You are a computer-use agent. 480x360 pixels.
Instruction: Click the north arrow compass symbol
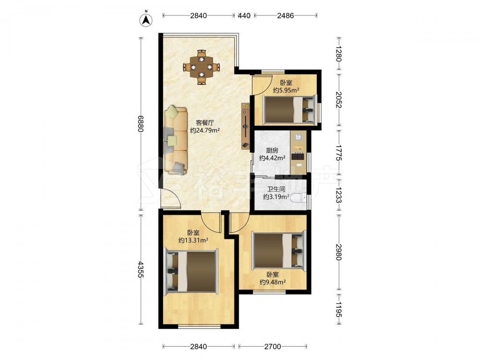(146, 20)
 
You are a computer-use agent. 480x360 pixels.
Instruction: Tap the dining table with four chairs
(202, 67)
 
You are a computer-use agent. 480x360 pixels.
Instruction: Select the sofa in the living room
(176, 140)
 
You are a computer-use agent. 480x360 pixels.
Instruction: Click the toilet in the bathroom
(299, 198)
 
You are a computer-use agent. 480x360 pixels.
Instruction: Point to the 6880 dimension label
(141, 123)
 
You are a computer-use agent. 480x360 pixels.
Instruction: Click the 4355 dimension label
(141, 269)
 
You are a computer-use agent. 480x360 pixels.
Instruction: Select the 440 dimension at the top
(244, 15)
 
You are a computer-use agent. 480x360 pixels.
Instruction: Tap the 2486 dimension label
(285, 15)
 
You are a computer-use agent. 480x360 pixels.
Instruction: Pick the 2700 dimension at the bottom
(273, 347)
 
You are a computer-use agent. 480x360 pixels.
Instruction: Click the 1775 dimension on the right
(338, 153)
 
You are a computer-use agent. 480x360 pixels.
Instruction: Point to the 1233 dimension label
(338, 195)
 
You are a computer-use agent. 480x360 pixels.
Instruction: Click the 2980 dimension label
(338, 252)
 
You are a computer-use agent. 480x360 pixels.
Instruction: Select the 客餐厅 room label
(205, 123)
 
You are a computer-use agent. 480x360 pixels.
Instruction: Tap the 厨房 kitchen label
(272, 150)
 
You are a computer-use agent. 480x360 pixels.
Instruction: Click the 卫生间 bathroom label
(276, 189)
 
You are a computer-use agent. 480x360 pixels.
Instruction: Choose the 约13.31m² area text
(193, 240)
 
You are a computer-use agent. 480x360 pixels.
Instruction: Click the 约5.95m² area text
(286, 90)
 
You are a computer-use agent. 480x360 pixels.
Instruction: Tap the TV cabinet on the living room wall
(245, 126)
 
